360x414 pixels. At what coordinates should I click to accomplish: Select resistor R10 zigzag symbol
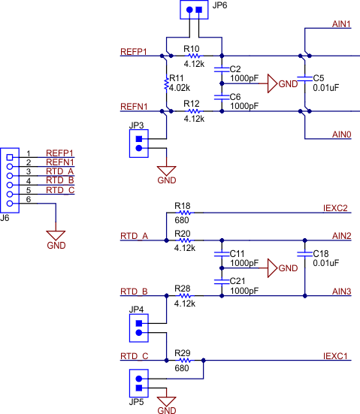point(194,56)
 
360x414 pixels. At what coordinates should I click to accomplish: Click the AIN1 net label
point(341,25)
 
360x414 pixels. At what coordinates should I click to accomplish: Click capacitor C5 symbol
point(305,78)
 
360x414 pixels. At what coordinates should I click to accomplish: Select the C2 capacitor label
point(234,69)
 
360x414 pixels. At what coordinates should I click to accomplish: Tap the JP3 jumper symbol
point(138,143)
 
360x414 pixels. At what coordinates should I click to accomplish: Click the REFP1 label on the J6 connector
point(59,153)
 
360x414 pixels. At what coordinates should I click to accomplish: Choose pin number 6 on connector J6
point(29,199)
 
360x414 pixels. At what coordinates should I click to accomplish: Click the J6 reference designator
point(6,218)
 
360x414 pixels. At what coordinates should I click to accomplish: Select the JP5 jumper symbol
point(138,383)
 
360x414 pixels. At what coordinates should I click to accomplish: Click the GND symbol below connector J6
point(56,237)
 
